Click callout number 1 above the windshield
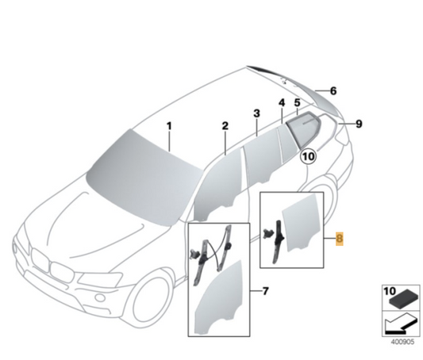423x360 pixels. pyautogui.click(x=169, y=126)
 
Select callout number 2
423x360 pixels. pyautogui.click(x=225, y=126)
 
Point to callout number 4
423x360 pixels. pyautogui.click(x=281, y=103)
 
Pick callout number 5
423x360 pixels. pyautogui.click(x=297, y=103)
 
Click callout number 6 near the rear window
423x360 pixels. pyautogui.click(x=333, y=91)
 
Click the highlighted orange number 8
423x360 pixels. pyautogui.click(x=340, y=239)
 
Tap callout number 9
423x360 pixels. pyautogui.click(x=359, y=124)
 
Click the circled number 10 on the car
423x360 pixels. pyautogui.click(x=309, y=157)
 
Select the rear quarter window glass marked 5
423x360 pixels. pyautogui.click(x=303, y=126)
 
